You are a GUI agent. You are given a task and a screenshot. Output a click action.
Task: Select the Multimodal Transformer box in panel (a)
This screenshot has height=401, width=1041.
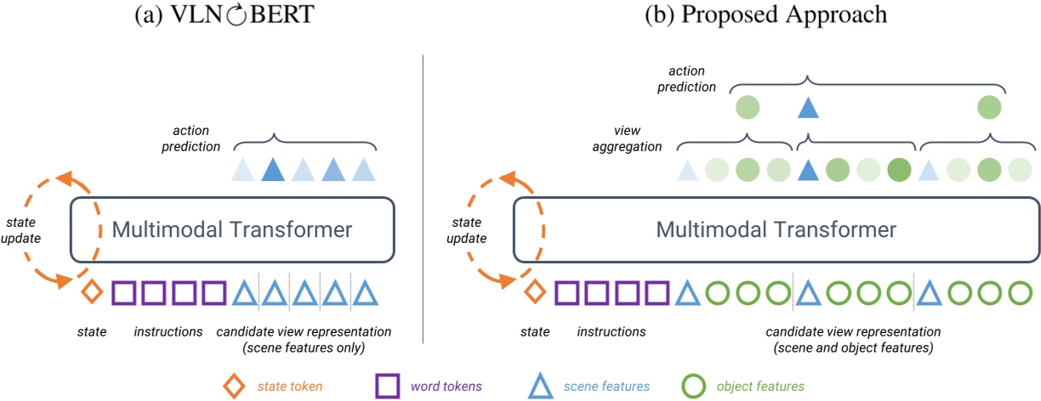coord(231,229)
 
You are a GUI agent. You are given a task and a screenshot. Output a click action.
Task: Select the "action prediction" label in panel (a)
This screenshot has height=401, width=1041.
coord(195,139)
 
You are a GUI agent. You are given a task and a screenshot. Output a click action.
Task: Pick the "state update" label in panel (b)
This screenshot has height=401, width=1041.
coord(468,230)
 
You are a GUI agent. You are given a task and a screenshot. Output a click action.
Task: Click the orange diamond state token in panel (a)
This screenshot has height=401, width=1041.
coord(93,293)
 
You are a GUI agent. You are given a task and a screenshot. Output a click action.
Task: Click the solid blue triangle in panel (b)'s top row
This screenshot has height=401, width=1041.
coord(808,108)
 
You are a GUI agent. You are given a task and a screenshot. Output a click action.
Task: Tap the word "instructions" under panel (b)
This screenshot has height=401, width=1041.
coord(611,331)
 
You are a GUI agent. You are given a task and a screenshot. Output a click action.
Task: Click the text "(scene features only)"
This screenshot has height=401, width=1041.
coord(304,347)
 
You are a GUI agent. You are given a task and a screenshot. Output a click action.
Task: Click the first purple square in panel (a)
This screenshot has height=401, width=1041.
coord(125,293)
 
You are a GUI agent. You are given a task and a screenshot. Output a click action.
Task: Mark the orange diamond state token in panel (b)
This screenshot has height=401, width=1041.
coord(534,293)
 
